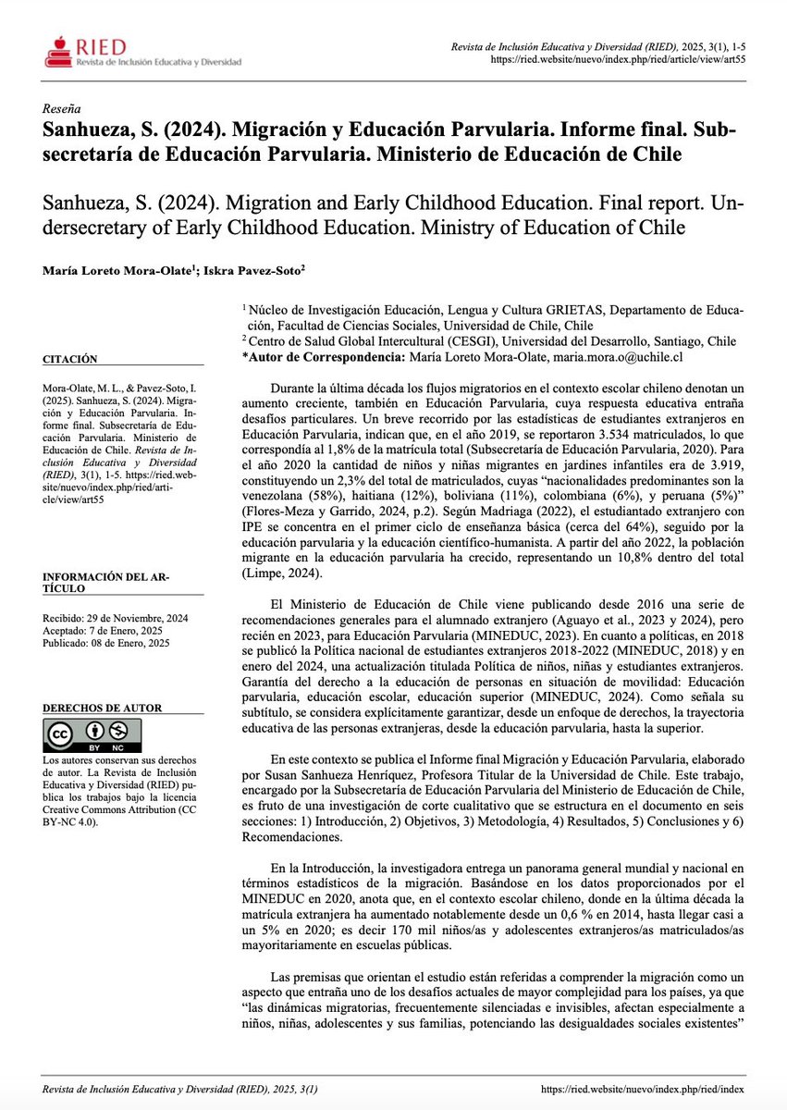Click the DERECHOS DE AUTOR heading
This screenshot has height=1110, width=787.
click(x=103, y=708)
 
